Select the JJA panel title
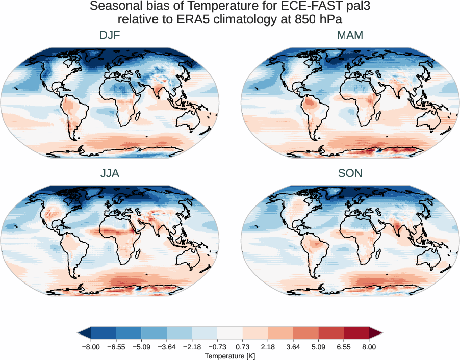(x=110, y=173)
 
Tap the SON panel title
(x=350, y=173)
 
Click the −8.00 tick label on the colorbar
(x=90, y=346)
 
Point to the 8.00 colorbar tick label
(x=369, y=346)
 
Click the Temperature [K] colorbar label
(x=229, y=355)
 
